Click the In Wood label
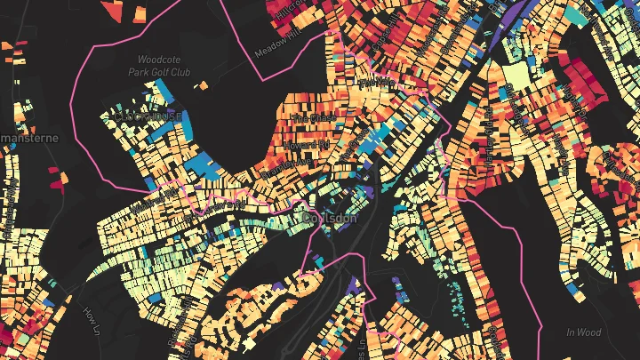pyautogui.click(x=584, y=332)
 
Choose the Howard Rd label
pyautogui.click(x=306, y=142)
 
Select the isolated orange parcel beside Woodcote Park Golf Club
pyautogui.click(x=204, y=86)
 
